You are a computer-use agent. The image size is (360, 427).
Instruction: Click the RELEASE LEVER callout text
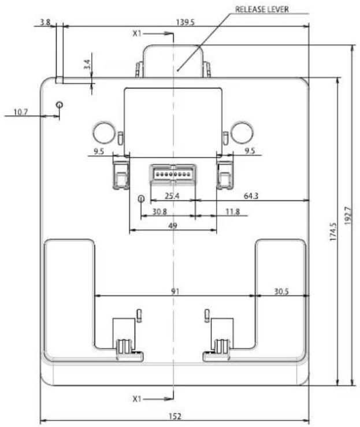coord(262,9)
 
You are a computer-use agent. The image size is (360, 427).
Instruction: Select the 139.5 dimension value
coord(185,22)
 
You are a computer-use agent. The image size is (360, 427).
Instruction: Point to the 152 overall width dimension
coord(175,417)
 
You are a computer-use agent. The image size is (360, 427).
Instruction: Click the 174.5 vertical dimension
coord(333,232)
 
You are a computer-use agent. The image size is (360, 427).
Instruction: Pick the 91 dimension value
coord(175,292)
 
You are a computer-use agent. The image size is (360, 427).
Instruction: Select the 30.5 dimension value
coord(281,292)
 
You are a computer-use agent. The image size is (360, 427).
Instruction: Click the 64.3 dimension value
coord(251,196)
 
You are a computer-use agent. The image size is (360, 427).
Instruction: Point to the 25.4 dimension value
coord(172,196)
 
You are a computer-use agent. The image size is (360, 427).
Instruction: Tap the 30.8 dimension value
coord(159,211)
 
